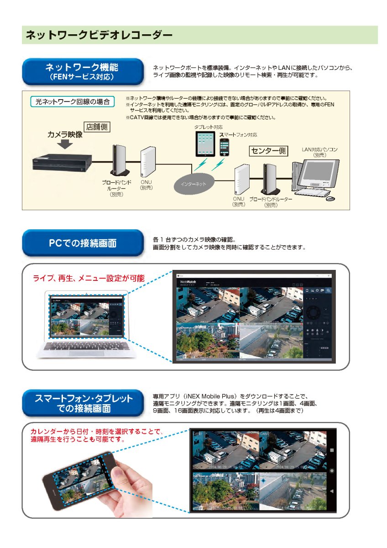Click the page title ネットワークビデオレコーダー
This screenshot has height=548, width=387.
click(x=99, y=35)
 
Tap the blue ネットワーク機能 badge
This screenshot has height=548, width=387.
click(x=82, y=71)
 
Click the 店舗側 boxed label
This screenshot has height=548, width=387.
click(x=97, y=127)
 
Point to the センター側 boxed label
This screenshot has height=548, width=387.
click(x=268, y=150)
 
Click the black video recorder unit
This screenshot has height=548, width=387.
click(x=61, y=163)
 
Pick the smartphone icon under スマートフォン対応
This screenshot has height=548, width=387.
click(x=225, y=148)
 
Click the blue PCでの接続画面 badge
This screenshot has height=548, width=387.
click(x=82, y=243)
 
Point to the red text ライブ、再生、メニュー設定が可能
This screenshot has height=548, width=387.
click(x=89, y=278)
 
